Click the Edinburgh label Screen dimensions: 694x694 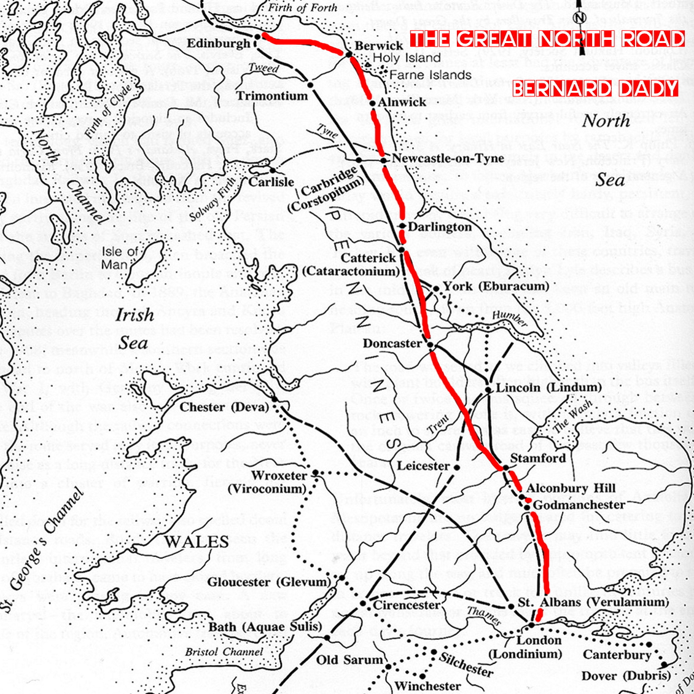point(219,44)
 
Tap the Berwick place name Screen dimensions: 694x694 point(379,46)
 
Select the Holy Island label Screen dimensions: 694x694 point(407,58)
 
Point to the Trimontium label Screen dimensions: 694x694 point(272,96)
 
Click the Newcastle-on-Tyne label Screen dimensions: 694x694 point(448,158)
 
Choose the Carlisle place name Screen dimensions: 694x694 point(271,182)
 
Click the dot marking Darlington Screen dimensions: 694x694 point(402,227)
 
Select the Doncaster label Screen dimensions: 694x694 point(392,343)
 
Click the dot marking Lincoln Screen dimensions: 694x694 point(488,389)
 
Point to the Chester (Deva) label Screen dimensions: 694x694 point(224,407)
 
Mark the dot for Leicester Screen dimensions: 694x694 point(457,467)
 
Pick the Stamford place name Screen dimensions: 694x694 point(538,458)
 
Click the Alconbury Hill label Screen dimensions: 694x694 point(571,488)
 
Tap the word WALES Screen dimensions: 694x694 point(197,541)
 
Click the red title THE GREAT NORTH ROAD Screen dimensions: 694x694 point(547,39)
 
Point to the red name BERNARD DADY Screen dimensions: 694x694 point(595,88)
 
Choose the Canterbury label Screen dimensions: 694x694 point(617,655)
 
